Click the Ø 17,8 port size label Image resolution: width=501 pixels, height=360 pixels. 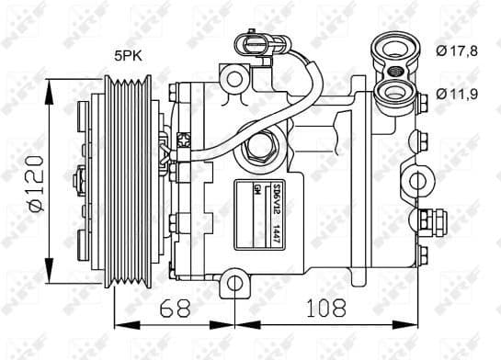[458, 51]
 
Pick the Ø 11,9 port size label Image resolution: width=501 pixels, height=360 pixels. [458, 92]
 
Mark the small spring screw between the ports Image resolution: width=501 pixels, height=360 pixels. [395, 71]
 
